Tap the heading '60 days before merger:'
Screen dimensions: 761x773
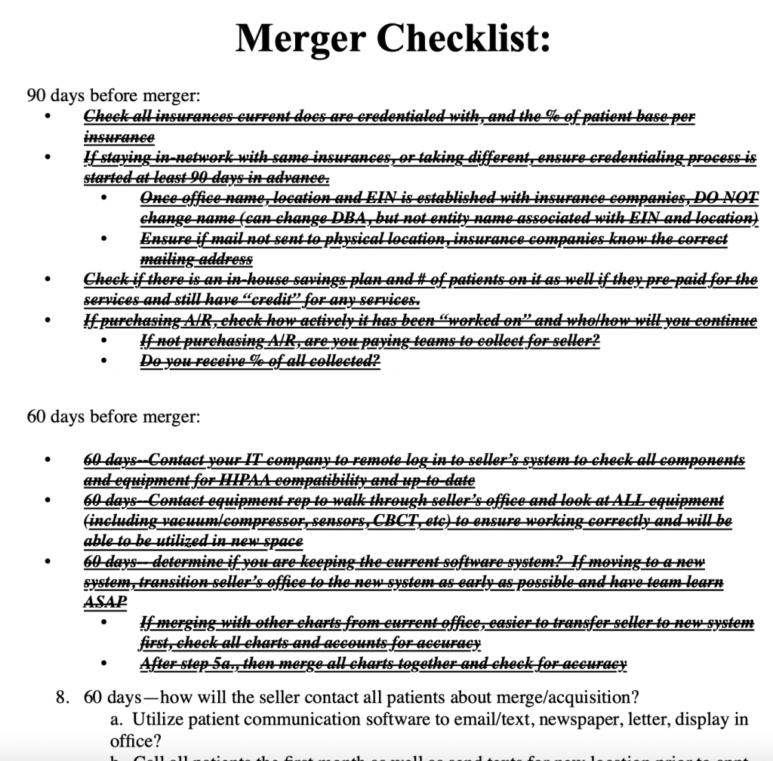(113, 416)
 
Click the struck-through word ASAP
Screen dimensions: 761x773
(105, 602)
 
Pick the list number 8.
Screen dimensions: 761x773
(64, 697)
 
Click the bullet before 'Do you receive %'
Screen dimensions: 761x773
(106, 362)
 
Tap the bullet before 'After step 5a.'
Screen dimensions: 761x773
(106, 664)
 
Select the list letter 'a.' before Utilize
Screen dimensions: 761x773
(116, 719)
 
